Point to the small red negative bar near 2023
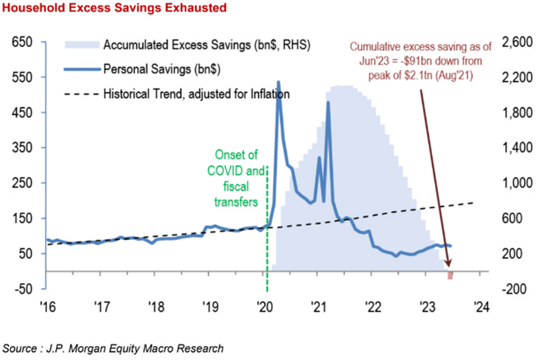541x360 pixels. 451,275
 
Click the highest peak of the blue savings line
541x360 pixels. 278,83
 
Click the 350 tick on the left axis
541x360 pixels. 22,148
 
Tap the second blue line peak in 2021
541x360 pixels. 328,103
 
